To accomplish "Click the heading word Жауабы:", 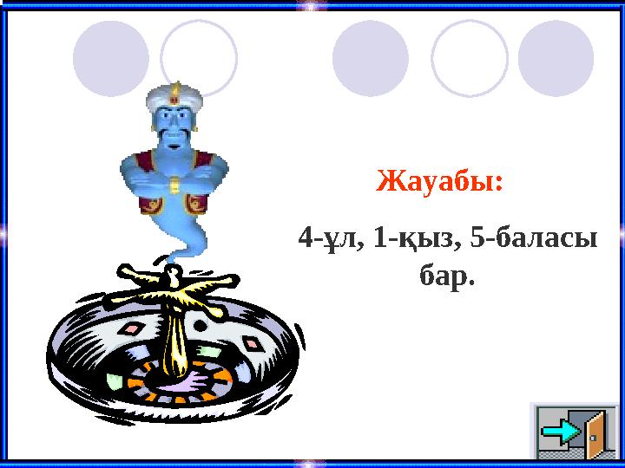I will [439, 184].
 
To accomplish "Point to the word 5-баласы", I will [531, 237].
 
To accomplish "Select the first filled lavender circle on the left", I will [110, 58].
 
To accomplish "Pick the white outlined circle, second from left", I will [199, 58].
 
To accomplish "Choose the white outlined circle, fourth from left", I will [470, 58].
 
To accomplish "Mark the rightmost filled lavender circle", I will [556, 58].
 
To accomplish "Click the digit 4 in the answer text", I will [303, 237].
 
